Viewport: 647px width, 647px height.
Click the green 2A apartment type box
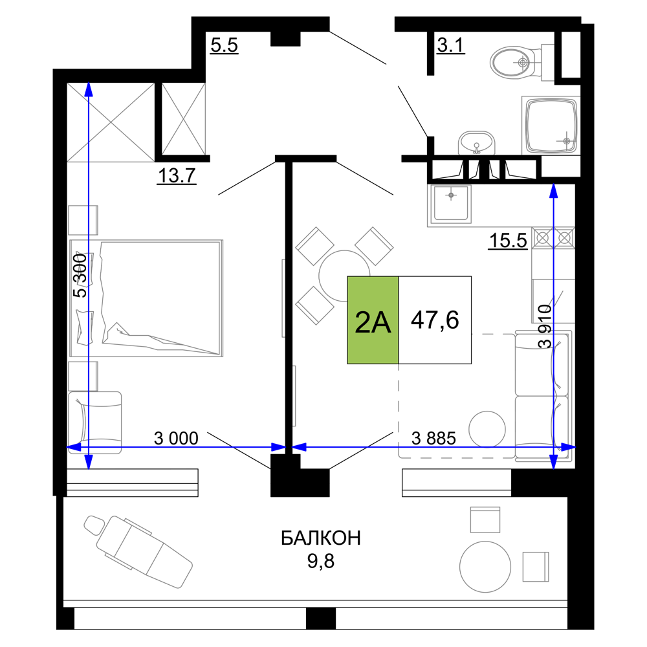tap(373, 320)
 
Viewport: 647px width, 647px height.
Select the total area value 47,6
tap(435, 320)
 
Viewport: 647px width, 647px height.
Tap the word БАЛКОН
tap(321, 538)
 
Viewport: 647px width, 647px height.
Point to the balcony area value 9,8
tap(321, 561)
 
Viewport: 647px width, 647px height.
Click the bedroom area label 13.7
tap(177, 176)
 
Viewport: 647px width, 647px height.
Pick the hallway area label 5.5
tap(224, 45)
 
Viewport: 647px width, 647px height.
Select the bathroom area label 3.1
tap(450, 45)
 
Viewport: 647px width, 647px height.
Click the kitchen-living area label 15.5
tap(508, 240)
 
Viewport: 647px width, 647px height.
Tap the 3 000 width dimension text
tap(176, 438)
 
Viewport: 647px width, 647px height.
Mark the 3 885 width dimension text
tap(433, 438)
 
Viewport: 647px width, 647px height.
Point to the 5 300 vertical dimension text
tap(80, 276)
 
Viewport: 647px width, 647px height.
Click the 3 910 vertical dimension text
tap(545, 326)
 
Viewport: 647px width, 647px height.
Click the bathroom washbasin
tap(477, 143)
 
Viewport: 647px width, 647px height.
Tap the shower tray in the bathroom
tap(551, 126)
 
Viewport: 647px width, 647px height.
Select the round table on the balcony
tap(485, 567)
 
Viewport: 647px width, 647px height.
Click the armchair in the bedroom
tap(94, 422)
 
